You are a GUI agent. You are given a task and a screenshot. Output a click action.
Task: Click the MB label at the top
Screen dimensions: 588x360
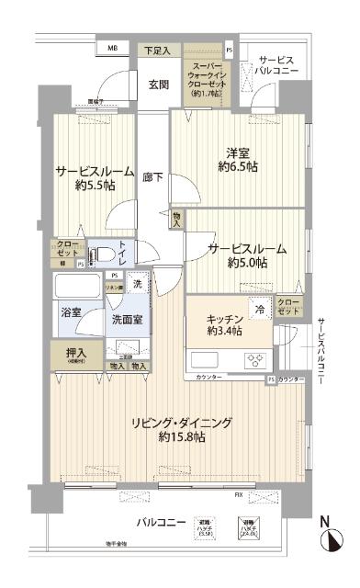point(112,48)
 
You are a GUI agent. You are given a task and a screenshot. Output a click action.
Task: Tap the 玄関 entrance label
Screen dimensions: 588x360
point(158,85)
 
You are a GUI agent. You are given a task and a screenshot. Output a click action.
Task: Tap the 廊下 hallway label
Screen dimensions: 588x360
point(152,177)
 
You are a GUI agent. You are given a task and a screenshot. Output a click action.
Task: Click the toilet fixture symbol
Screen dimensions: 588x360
point(105,252)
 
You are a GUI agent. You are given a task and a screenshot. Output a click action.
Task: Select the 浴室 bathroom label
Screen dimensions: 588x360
point(71,313)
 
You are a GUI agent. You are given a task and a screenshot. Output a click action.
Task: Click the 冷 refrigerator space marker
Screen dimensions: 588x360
point(261,310)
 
